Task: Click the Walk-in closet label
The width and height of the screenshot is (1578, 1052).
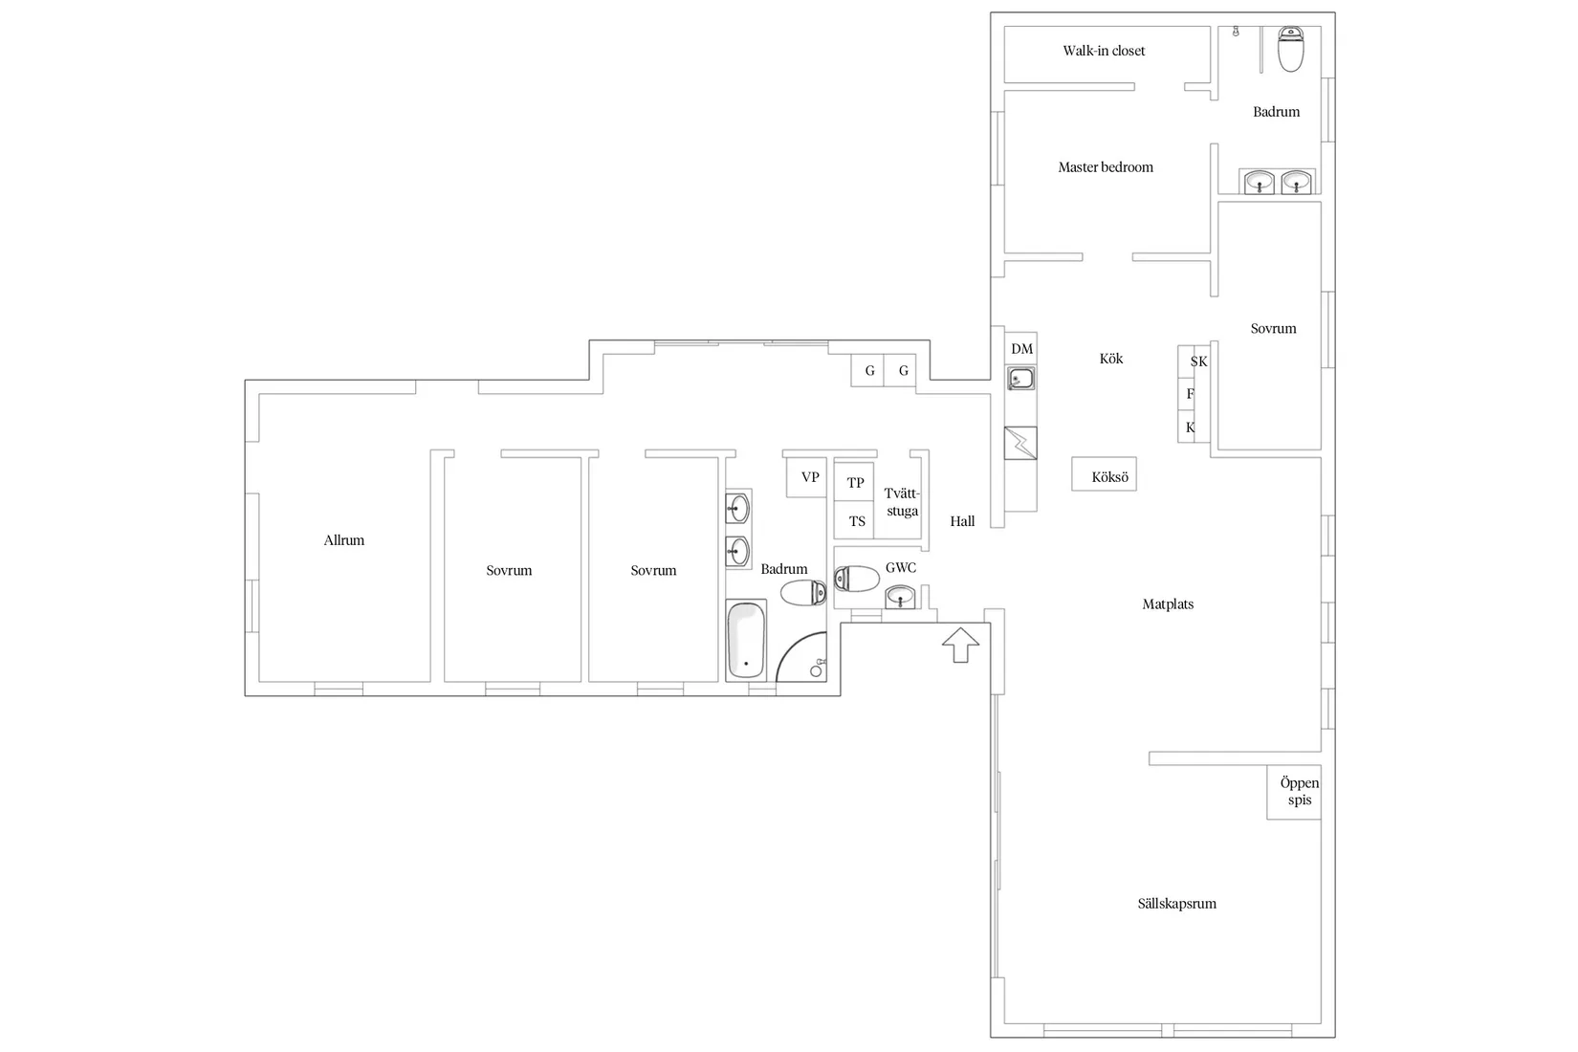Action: click(x=1104, y=51)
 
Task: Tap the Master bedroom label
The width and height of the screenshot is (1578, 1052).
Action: click(x=1106, y=167)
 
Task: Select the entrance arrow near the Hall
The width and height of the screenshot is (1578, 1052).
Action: click(x=961, y=645)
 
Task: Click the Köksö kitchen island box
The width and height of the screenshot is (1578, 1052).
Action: click(x=1104, y=473)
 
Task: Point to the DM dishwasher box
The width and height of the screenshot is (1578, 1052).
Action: click(x=1020, y=349)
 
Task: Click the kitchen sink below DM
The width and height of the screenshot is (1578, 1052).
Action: click(x=1020, y=379)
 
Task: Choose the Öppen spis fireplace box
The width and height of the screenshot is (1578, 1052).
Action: click(x=1293, y=792)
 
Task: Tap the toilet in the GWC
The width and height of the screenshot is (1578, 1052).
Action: click(x=857, y=580)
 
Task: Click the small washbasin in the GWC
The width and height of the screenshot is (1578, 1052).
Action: click(x=900, y=597)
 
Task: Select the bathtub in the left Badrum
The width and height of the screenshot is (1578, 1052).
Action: click(x=746, y=640)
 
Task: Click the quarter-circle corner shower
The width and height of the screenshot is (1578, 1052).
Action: click(x=801, y=657)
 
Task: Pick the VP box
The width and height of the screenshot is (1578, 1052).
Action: click(x=806, y=478)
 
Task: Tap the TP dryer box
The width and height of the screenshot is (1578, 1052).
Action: click(x=854, y=482)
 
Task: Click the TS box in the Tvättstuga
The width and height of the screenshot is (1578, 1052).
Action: click(x=854, y=520)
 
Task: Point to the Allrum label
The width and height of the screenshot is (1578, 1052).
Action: click(x=343, y=540)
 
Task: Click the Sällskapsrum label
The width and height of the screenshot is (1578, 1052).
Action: click(x=1176, y=904)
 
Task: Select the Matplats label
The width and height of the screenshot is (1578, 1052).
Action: click(x=1168, y=603)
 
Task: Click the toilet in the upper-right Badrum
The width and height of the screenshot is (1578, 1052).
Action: click(x=1290, y=50)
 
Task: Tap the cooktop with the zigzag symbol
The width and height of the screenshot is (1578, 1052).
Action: click(x=1020, y=443)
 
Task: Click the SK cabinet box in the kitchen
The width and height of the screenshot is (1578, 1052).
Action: click(x=1194, y=362)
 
